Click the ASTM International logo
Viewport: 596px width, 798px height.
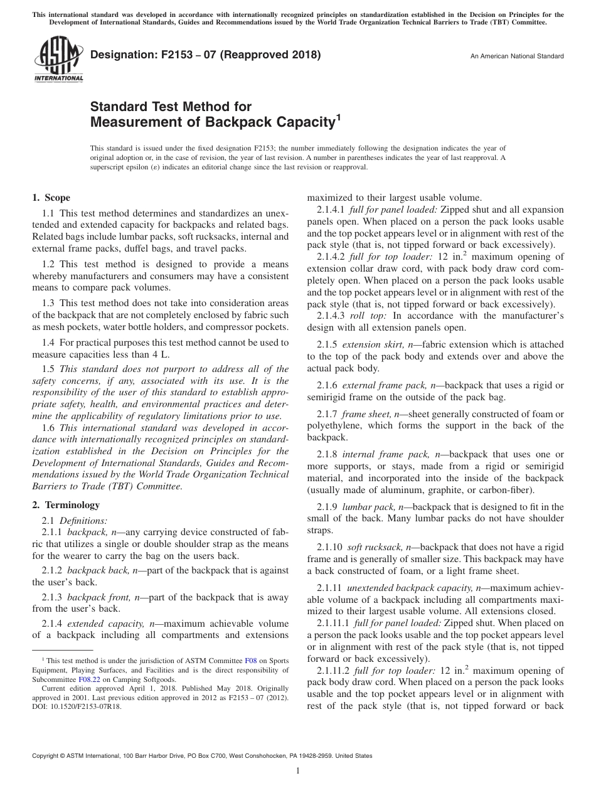[58, 59]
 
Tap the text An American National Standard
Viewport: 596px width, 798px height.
[517, 56]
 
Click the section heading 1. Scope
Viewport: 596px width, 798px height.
[51, 198]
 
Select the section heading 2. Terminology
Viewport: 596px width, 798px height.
[65, 504]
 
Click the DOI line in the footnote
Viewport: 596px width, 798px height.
[77, 706]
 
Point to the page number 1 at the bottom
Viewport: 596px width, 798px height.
[298, 772]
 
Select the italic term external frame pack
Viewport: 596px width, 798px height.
[384, 385]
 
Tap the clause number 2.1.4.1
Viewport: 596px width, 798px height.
[330, 209]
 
